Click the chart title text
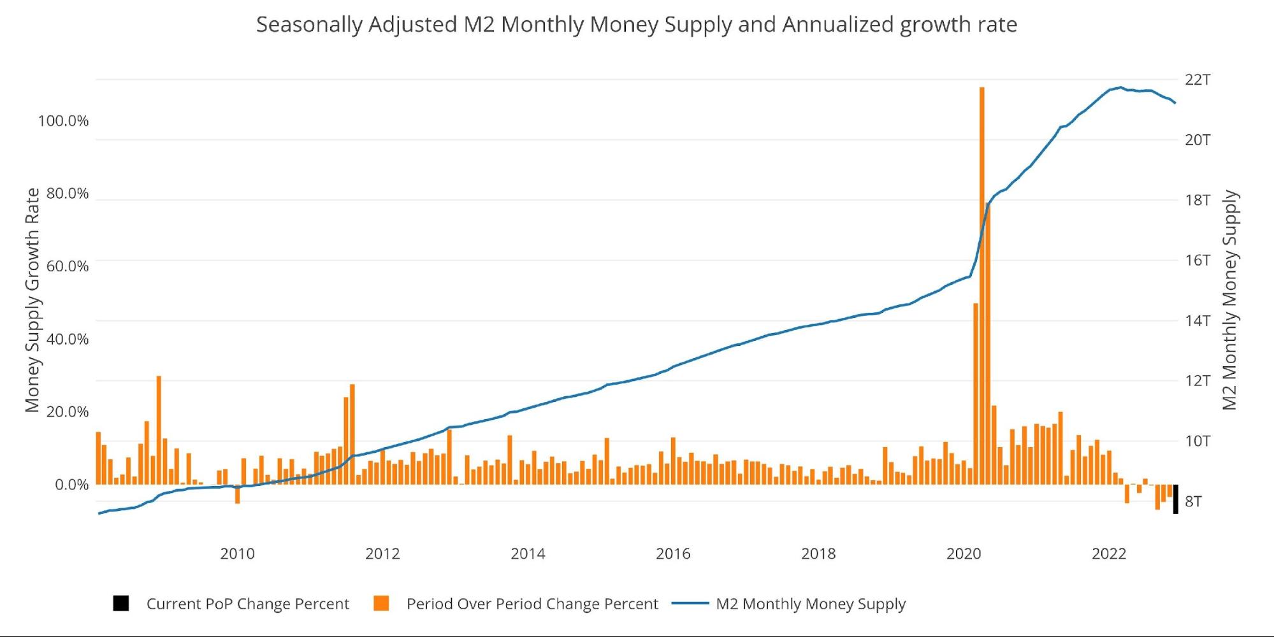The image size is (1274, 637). tap(636, 25)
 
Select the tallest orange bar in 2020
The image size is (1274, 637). tap(981, 287)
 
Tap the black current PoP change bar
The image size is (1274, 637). tap(1175, 499)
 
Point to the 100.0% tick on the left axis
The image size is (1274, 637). tap(63, 121)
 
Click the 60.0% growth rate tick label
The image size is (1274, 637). tap(67, 266)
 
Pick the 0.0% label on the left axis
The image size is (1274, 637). tap(71, 485)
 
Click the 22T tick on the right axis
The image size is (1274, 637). tap(1197, 80)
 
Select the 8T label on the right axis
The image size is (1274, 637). tap(1193, 501)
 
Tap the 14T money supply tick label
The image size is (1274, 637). tap(1197, 320)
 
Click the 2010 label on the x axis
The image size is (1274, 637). tap(237, 554)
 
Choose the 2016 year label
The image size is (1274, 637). tap(673, 554)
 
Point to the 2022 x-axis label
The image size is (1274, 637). tap(1109, 554)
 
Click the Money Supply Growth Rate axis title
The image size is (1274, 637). tap(33, 300)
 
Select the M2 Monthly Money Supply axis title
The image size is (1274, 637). tap(1229, 300)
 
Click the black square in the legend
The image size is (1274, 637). tap(121, 603)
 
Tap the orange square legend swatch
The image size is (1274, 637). tap(381, 603)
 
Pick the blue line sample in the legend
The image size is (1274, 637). tap(690, 603)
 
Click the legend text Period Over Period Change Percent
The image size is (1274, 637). tap(532, 604)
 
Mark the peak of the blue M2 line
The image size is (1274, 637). tap(1120, 88)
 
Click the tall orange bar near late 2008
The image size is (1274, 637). tap(159, 430)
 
